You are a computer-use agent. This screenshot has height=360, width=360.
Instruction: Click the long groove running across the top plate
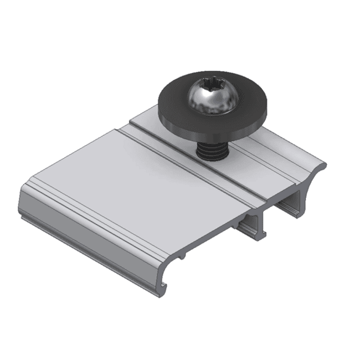(x=183, y=161)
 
